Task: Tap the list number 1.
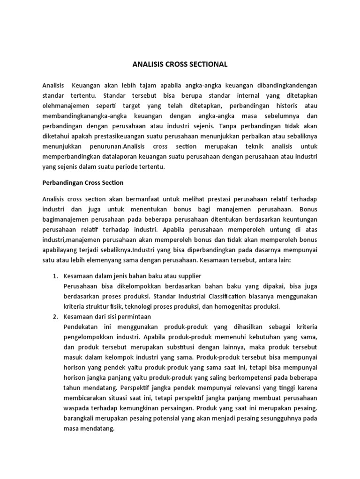pos(54,276)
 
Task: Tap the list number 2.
pos(54,317)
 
